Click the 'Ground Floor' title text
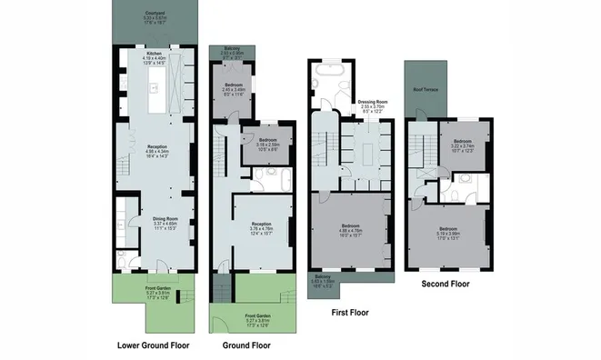coord(245,346)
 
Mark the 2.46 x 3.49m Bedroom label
coord(233,87)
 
